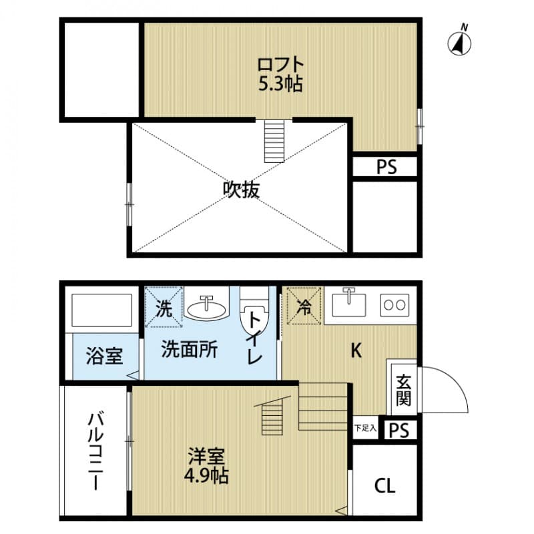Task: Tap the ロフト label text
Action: point(281,65)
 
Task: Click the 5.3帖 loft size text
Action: point(281,84)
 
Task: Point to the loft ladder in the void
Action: point(274,141)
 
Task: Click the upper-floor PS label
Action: point(385,167)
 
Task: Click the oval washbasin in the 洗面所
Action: point(206,308)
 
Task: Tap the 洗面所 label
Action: point(190,350)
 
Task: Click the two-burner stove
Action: point(394,306)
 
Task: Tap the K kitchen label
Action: point(356,350)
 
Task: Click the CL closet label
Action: point(384,485)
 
